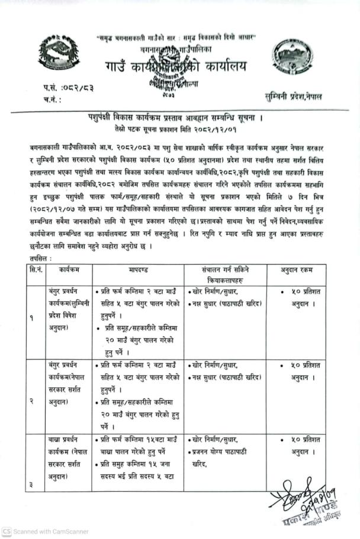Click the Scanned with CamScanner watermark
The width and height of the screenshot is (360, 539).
pos(37,531)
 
